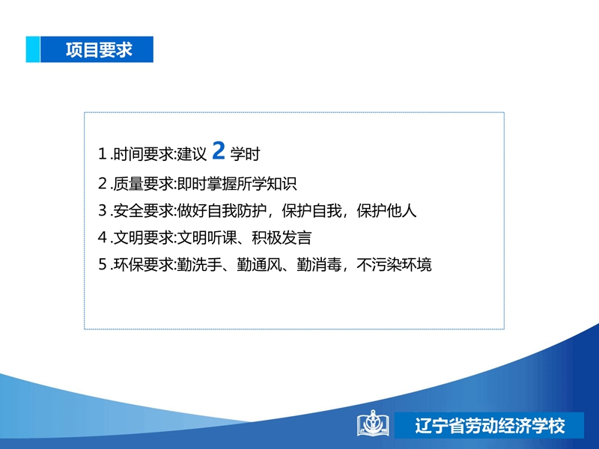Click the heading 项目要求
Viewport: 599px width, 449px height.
99,49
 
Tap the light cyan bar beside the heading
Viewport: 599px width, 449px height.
33,49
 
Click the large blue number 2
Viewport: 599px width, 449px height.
219,150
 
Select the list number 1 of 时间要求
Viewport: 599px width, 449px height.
102,154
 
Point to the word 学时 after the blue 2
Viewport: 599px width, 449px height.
246,154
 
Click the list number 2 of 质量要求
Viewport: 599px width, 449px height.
103,183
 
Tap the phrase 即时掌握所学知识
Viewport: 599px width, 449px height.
237,183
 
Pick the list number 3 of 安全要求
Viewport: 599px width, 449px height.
103,210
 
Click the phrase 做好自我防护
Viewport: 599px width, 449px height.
222,210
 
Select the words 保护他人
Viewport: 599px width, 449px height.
386,210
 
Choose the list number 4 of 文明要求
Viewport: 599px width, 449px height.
103,237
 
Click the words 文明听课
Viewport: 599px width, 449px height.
207,237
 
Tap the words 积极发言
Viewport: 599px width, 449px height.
282,237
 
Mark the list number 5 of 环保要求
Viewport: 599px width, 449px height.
103,264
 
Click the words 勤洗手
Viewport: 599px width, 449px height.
199,264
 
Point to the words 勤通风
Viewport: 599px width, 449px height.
259,264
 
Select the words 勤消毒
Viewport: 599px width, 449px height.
319,264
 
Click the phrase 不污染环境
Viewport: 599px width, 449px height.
394,264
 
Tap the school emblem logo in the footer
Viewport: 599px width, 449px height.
373,423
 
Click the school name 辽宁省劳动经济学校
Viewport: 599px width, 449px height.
490,426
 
